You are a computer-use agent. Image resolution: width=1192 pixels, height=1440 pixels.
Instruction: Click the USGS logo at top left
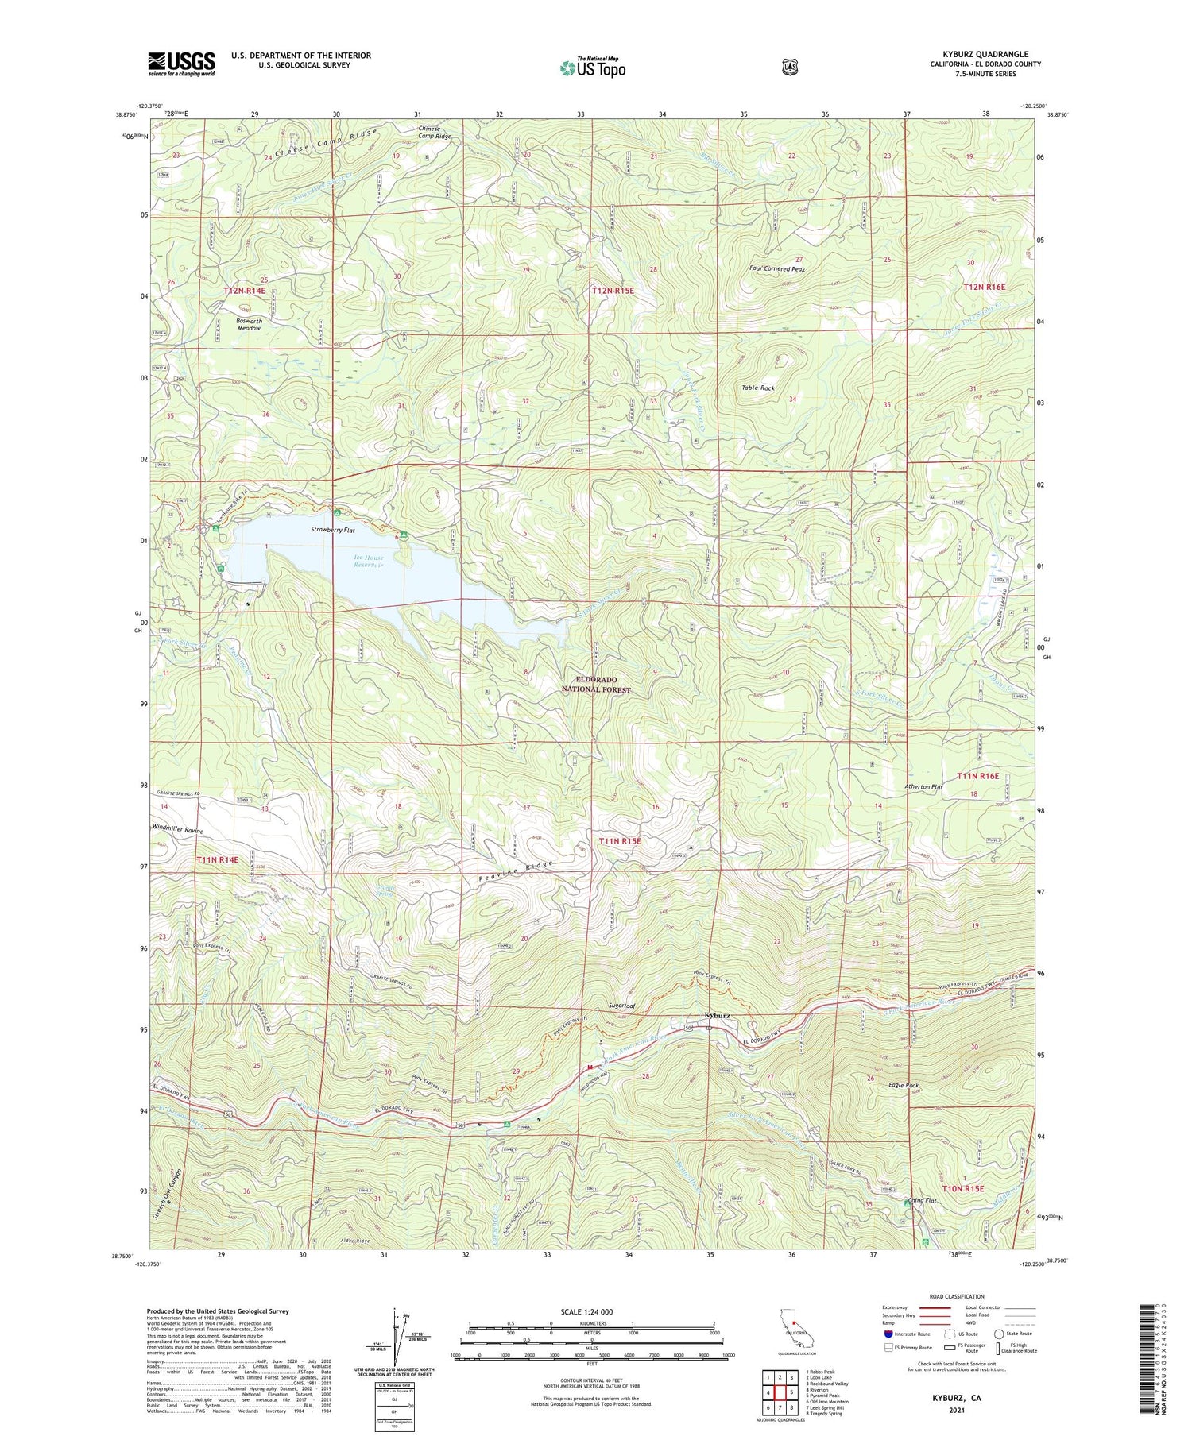[181, 64]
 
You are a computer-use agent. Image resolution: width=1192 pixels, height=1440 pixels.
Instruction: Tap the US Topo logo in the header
[592, 68]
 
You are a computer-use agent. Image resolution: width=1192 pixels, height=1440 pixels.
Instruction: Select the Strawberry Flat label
[332, 529]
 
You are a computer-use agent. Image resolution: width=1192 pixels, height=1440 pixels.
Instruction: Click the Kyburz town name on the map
[716, 1015]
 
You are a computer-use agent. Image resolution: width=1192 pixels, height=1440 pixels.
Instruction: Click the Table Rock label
[757, 388]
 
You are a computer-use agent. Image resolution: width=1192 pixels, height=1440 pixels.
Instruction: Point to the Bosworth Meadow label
[249, 324]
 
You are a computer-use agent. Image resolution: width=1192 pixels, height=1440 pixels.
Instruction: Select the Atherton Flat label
[923, 787]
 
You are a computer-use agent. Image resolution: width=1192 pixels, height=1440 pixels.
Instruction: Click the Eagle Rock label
[904, 1085]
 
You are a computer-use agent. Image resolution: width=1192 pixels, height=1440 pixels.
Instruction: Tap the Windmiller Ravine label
[177, 831]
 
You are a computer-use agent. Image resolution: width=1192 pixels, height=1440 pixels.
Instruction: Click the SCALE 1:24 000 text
[591, 1311]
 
